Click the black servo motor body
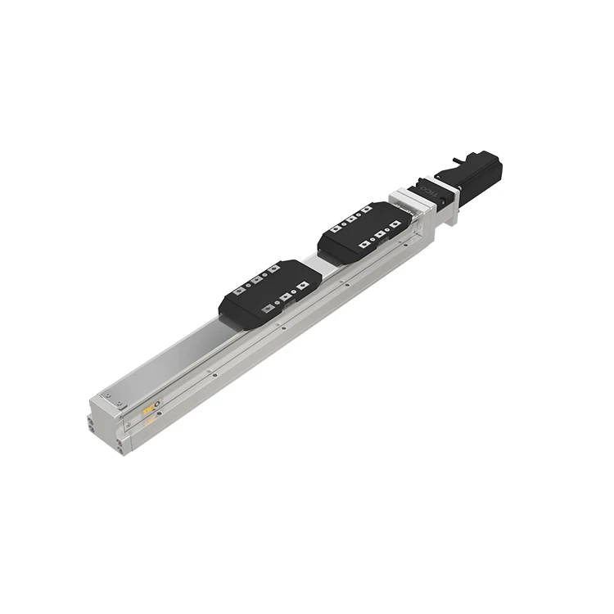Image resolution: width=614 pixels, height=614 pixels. coord(475,174)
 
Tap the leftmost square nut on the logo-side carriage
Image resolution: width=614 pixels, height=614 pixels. coord(237,291)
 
